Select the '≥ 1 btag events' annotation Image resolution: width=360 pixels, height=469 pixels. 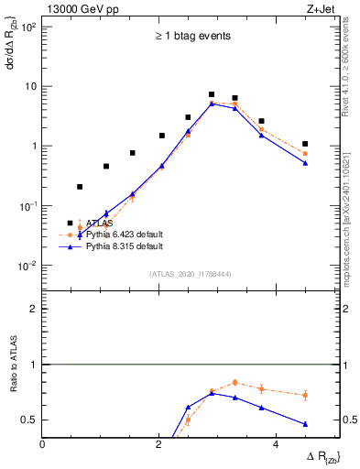click(191, 37)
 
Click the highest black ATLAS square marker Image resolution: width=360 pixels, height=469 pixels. click(212, 94)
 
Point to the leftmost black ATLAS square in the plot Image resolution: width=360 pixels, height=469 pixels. click(80, 187)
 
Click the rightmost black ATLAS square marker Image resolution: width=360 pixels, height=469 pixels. click(305, 144)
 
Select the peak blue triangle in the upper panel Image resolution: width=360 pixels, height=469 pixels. click(212, 104)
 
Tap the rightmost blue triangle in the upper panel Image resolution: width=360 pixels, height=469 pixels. click(305, 163)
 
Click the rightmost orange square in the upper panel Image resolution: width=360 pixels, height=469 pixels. click(305, 154)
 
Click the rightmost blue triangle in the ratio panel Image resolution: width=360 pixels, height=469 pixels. click(305, 424)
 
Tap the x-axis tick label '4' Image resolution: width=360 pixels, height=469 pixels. click(277, 444)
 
